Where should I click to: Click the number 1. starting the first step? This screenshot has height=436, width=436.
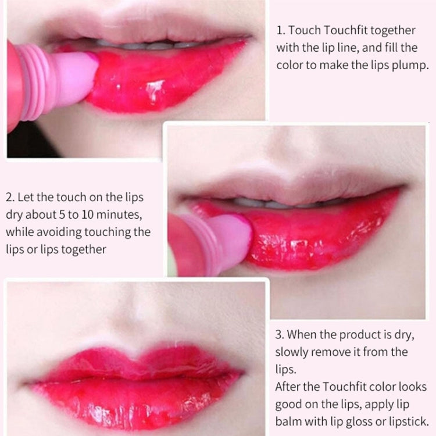click(x=281, y=31)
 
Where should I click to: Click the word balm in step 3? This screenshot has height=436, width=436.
click(x=289, y=421)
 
